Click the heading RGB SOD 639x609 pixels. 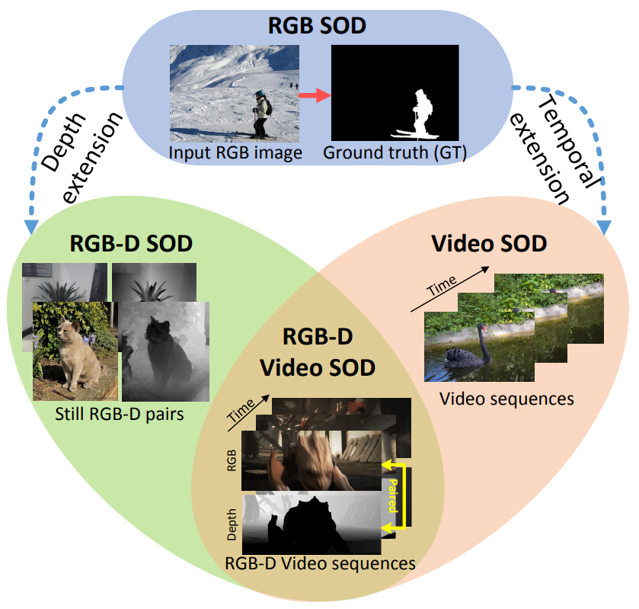318,26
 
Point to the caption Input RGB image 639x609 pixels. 236,152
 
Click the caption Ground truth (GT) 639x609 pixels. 394,152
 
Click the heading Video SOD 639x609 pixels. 489,244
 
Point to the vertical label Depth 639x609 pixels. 232,524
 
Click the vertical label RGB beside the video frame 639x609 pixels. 232,461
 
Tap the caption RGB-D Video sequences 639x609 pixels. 320,563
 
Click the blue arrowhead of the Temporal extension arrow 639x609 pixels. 606,226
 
